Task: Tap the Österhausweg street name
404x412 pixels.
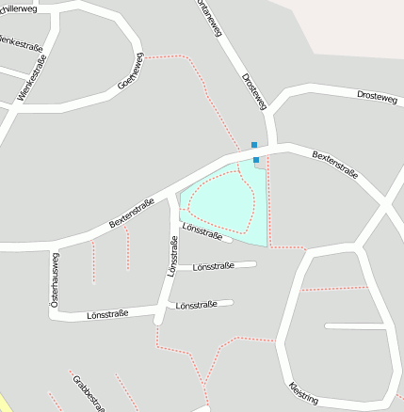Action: pyautogui.click(x=54, y=280)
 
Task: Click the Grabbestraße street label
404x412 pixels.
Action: pyautogui.click(x=87, y=393)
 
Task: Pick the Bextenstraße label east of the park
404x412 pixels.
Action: pyautogui.click(x=335, y=166)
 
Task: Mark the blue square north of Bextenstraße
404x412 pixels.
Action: pyautogui.click(x=253, y=145)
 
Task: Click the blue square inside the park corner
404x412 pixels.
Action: pyautogui.click(x=256, y=160)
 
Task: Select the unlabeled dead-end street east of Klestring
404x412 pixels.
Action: pyautogui.click(x=355, y=326)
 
